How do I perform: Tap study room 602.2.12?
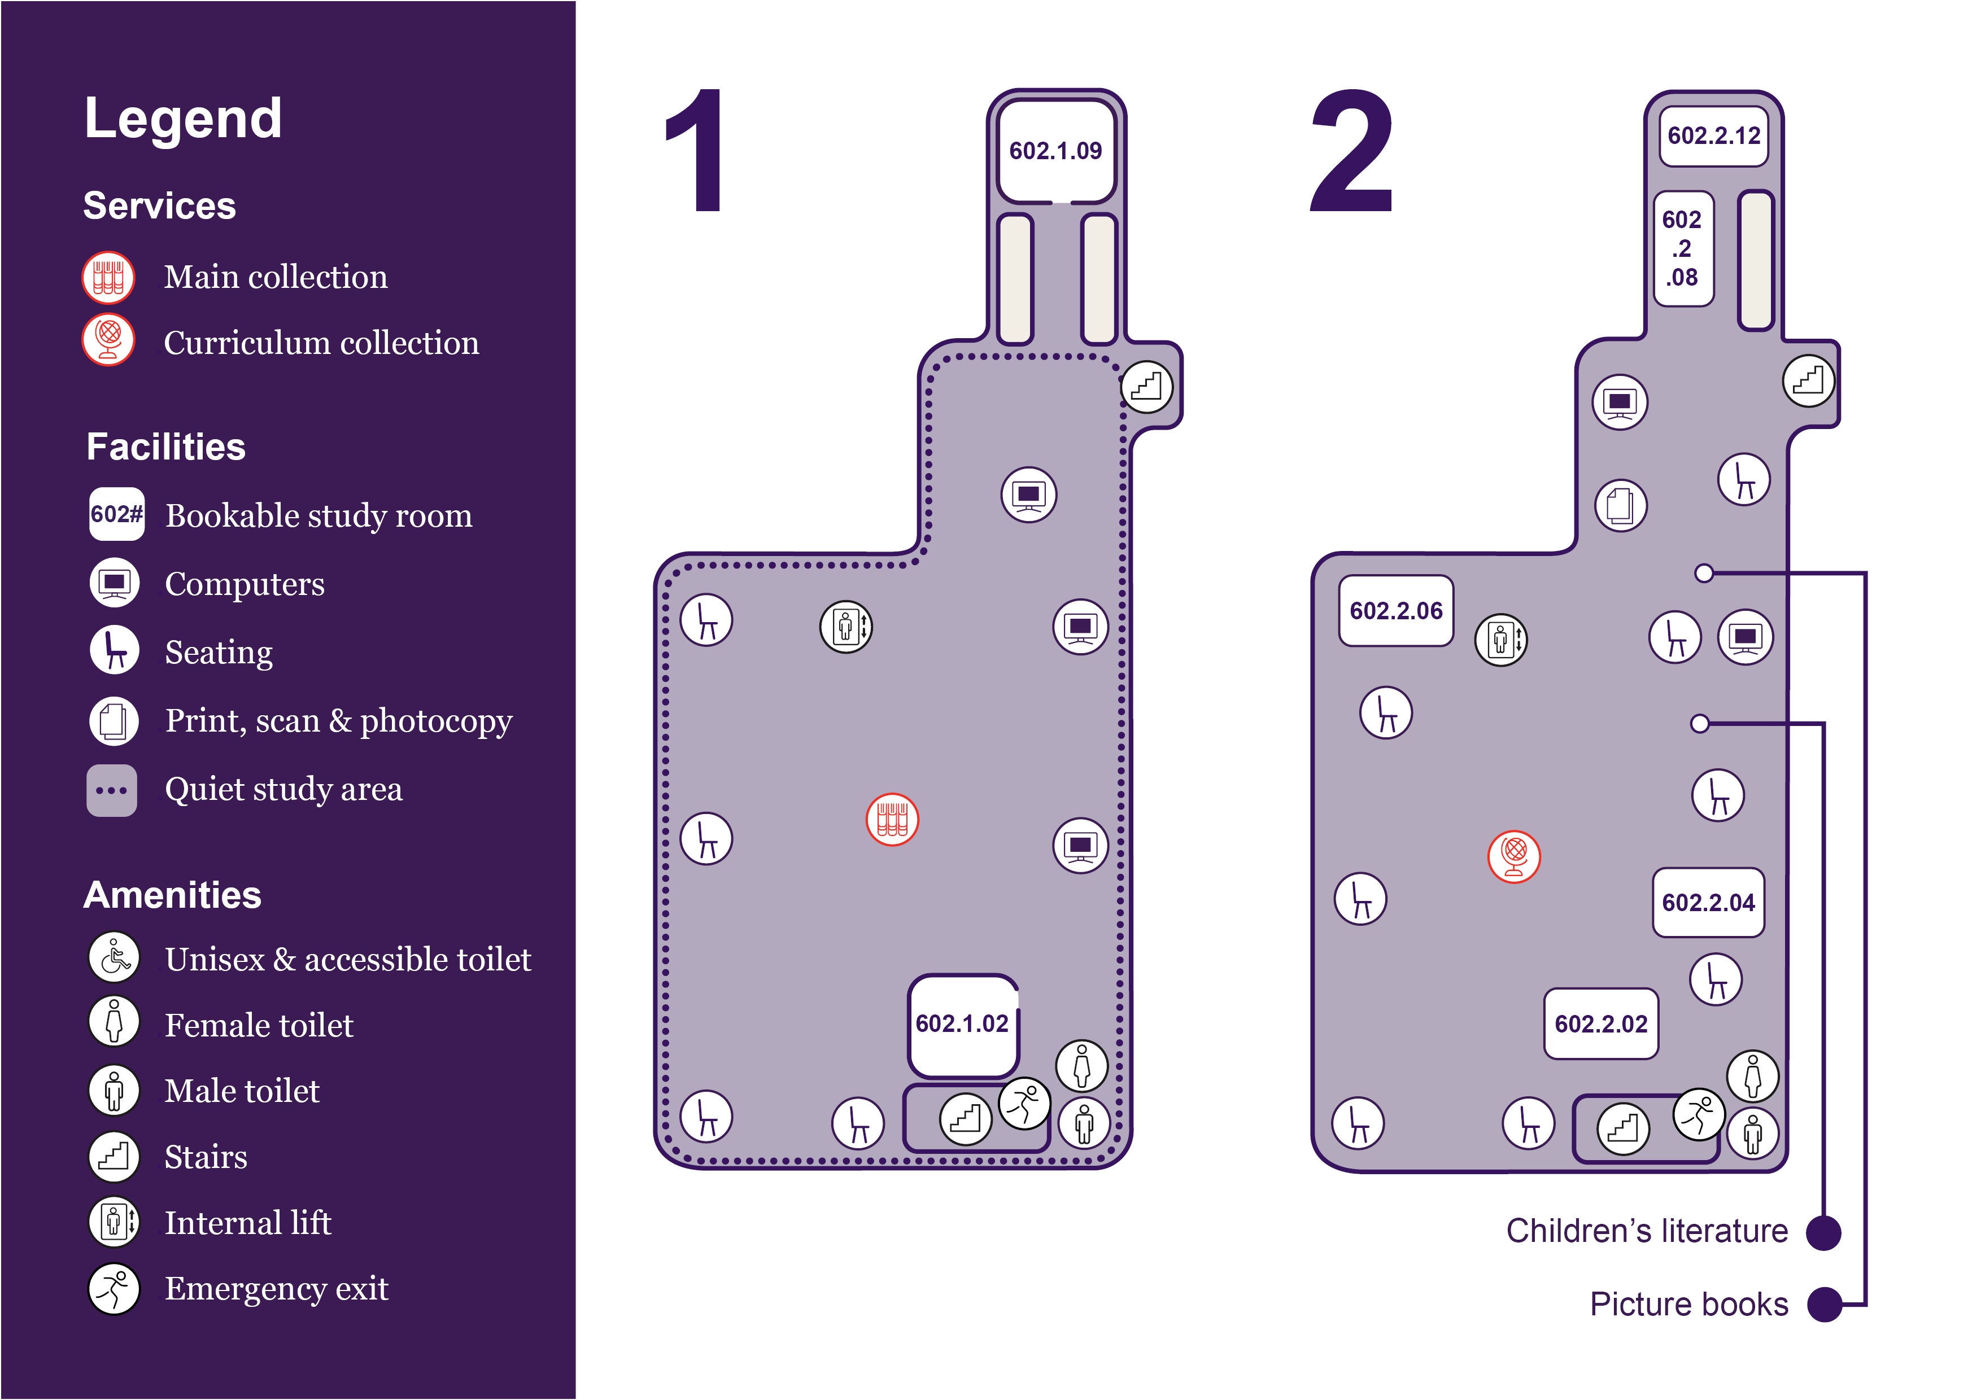point(1713,135)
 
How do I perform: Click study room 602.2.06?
point(1396,611)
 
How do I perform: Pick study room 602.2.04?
point(1708,902)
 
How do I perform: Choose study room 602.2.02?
point(1602,1024)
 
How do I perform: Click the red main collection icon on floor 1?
point(892,820)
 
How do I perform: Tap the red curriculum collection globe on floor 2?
point(1514,856)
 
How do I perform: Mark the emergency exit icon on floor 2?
point(1699,1114)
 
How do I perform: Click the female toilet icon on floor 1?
point(1082,1066)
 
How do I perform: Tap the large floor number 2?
point(1352,151)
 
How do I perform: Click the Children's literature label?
point(1647,1231)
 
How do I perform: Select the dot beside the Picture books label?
point(1825,1304)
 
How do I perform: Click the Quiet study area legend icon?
point(111,790)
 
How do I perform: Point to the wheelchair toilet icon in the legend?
point(114,957)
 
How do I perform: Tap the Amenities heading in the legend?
point(173,895)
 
